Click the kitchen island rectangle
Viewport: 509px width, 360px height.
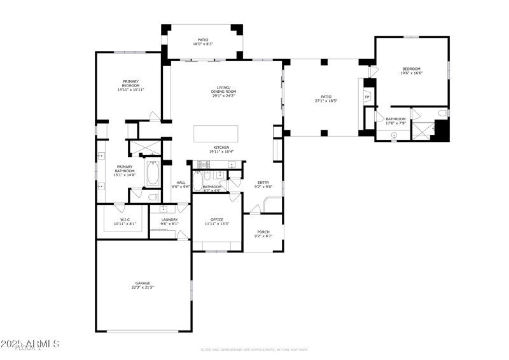tap(216, 134)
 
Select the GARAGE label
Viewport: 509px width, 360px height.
tap(143, 283)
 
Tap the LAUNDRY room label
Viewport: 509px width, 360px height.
tap(169, 219)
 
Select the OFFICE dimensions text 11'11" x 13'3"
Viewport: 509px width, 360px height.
tap(217, 224)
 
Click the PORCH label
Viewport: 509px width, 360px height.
tap(263, 232)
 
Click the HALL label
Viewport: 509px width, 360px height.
tap(180, 183)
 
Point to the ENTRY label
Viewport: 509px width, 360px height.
tap(263, 183)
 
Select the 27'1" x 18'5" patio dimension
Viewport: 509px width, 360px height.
tap(326, 101)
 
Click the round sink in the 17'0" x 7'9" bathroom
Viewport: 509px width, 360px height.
tap(394, 135)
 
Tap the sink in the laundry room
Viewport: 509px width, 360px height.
tap(164, 208)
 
